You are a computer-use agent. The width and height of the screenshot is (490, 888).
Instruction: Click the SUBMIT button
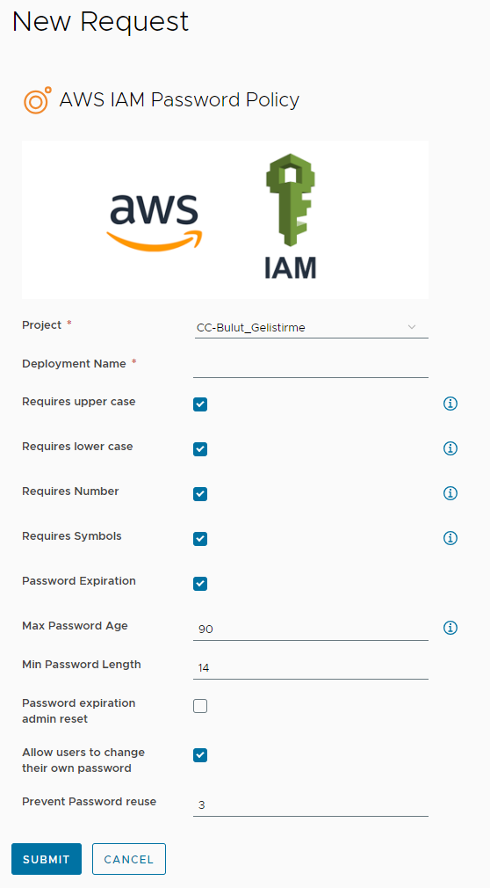click(x=47, y=859)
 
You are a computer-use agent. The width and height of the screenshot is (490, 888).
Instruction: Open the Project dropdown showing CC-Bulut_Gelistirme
click(x=310, y=327)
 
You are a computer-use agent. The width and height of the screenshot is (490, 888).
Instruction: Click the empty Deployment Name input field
click(x=310, y=367)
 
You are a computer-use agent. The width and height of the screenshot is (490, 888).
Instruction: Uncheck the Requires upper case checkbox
click(x=200, y=404)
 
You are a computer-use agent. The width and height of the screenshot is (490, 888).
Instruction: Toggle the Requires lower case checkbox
click(x=200, y=449)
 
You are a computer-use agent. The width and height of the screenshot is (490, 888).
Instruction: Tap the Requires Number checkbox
click(x=200, y=494)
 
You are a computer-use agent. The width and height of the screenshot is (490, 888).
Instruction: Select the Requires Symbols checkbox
click(x=200, y=539)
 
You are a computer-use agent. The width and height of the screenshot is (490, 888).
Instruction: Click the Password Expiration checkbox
click(x=200, y=583)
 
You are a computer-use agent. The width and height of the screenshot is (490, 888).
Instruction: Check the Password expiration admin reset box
click(x=200, y=706)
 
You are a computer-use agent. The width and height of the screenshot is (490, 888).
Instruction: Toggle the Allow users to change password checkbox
click(x=200, y=755)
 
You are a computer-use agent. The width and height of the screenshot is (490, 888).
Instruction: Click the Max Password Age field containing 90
click(x=310, y=630)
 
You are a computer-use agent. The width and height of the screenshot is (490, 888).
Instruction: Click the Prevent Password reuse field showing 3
click(x=310, y=805)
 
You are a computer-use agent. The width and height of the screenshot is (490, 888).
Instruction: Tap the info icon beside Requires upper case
click(x=450, y=404)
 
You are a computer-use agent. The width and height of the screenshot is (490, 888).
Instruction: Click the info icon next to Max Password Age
click(x=450, y=628)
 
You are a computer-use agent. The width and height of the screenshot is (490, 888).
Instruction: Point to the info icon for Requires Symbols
click(x=450, y=537)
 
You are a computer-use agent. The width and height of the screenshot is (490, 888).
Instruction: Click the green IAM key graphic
click(x=291, y=200)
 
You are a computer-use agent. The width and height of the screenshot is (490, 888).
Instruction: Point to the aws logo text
click(x=155, y=209)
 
